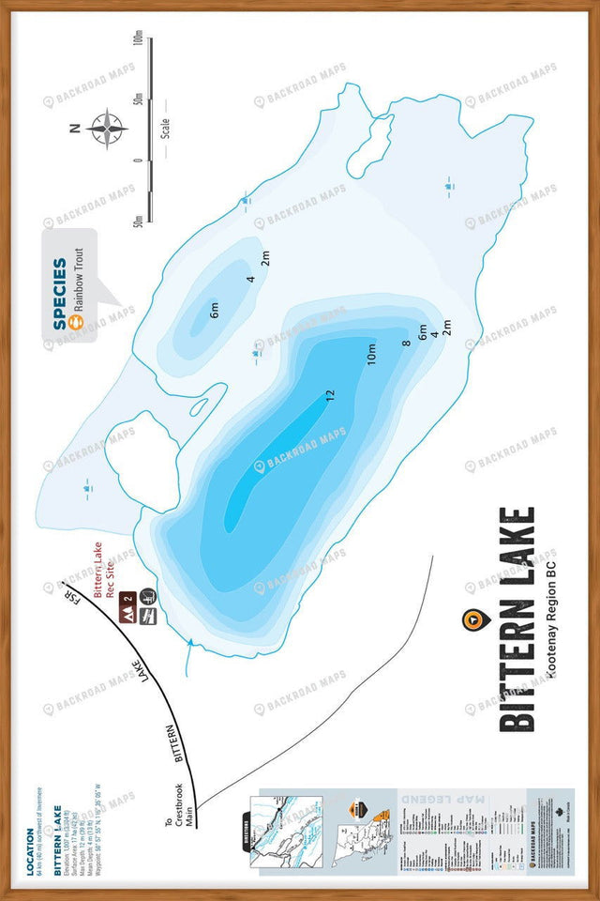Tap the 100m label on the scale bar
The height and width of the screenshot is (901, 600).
point(138,39)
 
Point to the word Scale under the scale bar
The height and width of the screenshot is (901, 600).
point(165,128)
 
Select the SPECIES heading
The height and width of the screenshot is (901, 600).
point(60,294)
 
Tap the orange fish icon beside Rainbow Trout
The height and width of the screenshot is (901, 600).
point(79,321)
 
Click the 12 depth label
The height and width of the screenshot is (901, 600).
point(329,396)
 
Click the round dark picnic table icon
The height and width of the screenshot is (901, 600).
point(148,594)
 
